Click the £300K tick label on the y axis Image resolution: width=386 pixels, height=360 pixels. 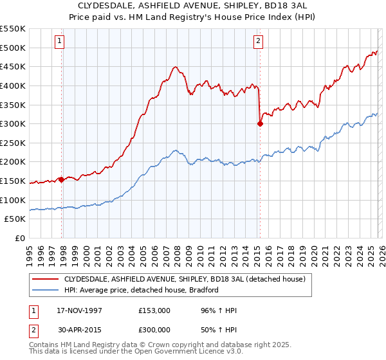pos(13,123)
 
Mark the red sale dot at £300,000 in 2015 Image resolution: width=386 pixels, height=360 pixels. pos(260,124)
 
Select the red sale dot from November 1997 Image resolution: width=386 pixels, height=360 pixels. pos(62,179)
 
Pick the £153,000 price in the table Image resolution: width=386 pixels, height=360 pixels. pos(154,310)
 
